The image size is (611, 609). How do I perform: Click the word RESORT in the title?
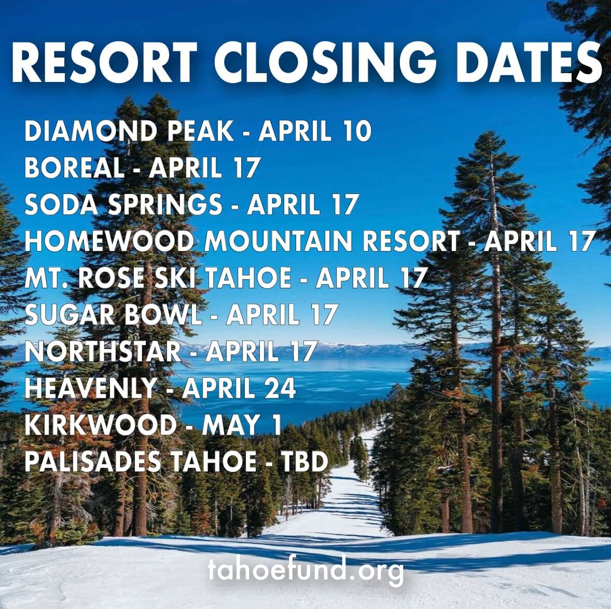coord(104,62)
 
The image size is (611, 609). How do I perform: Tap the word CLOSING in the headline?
coord(325,62)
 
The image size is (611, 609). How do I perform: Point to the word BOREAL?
coord(74,168)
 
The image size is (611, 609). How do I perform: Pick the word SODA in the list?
coord(61,204)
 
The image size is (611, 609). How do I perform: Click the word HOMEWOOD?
coord(109,241)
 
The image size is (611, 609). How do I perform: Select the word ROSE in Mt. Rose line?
coord(111,278)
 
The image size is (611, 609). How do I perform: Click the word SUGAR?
coord(70,314)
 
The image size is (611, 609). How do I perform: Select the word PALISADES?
coord(93,462)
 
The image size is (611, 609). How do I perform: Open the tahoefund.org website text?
coord(305,570)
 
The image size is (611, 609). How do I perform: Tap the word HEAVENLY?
coord(91,388)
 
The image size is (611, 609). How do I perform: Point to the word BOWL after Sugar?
coord(163,314)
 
